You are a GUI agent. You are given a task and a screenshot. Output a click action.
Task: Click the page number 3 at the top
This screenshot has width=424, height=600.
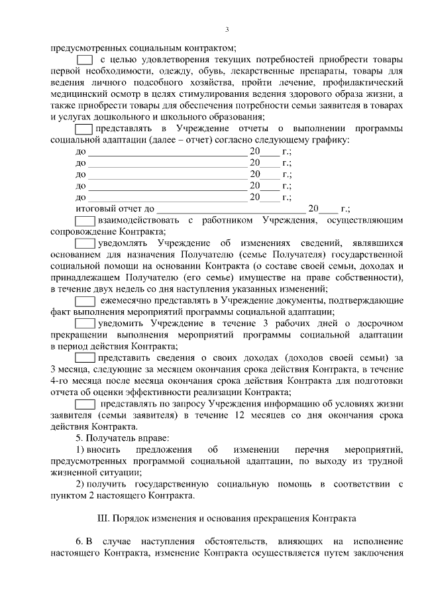click(x=227, y=29)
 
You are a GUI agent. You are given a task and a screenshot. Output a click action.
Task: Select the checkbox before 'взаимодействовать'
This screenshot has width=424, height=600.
click(x=85, y=219)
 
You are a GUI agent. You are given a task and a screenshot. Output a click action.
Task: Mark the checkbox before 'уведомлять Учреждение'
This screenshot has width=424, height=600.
click(x=85, y=243)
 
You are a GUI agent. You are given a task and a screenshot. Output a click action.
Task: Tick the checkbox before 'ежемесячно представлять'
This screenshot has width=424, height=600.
click(x=85, y=300)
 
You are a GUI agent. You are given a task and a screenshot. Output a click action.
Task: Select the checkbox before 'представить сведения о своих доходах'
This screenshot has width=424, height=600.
click(x=85, y=357)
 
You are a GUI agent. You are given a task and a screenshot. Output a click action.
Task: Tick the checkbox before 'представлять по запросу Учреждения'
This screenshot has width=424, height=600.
click(x=85, y=403)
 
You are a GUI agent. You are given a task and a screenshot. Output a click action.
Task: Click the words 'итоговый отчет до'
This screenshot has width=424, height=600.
click(x=115, y=208)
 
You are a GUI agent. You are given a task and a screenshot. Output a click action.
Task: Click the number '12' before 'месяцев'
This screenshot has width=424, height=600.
click(x=241, y=415)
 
